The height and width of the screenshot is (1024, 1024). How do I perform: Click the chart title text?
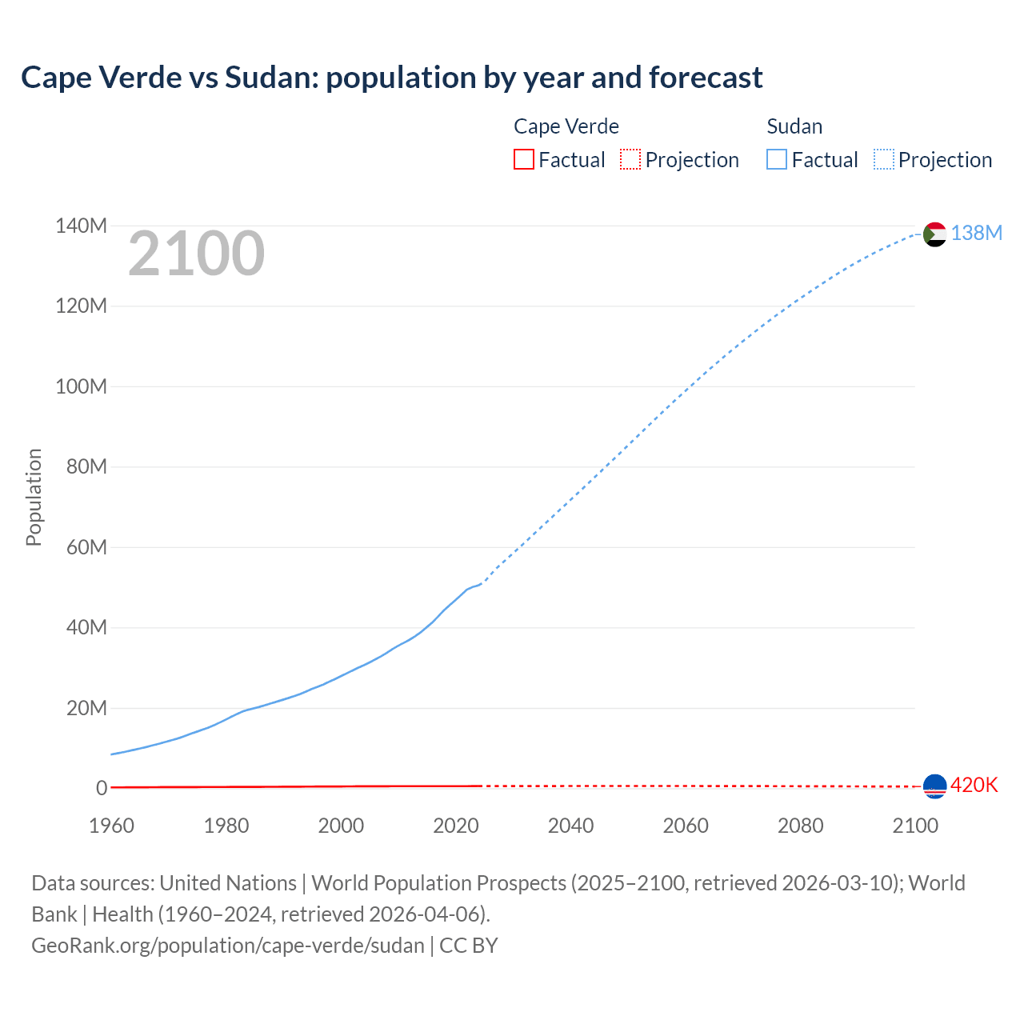[391, 78]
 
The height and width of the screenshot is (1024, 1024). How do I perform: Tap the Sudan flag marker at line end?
[934, 234]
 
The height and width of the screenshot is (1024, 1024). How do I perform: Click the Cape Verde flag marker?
[934, 786]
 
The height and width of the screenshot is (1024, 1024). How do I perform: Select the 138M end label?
[976, 233]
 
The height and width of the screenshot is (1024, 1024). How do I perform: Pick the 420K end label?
[974, 785]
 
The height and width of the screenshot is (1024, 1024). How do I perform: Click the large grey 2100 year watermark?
[196, 254]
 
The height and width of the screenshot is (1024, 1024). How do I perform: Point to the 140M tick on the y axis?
[81, 226]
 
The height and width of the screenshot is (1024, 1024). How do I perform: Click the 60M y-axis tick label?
[86, 548]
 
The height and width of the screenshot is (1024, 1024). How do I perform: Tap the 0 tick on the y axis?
[101, 789]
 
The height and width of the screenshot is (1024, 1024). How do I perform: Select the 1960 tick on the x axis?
[111, 826]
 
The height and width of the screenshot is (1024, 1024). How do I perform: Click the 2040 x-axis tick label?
[570, 826]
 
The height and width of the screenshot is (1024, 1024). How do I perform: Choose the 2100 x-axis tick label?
[914, 826]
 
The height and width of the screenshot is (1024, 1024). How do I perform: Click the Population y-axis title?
[34, 497]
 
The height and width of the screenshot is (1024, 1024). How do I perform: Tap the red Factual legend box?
[523, 159]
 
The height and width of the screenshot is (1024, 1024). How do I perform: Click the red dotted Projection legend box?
[630, 159]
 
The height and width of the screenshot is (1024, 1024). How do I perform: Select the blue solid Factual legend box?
[776, 159]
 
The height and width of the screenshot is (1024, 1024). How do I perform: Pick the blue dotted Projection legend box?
[883, 159]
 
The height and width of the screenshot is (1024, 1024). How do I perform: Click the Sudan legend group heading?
[794, 126]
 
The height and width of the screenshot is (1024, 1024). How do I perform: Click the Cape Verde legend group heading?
[566, 126]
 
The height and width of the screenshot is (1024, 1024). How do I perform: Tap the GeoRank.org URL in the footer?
[228, 946]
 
